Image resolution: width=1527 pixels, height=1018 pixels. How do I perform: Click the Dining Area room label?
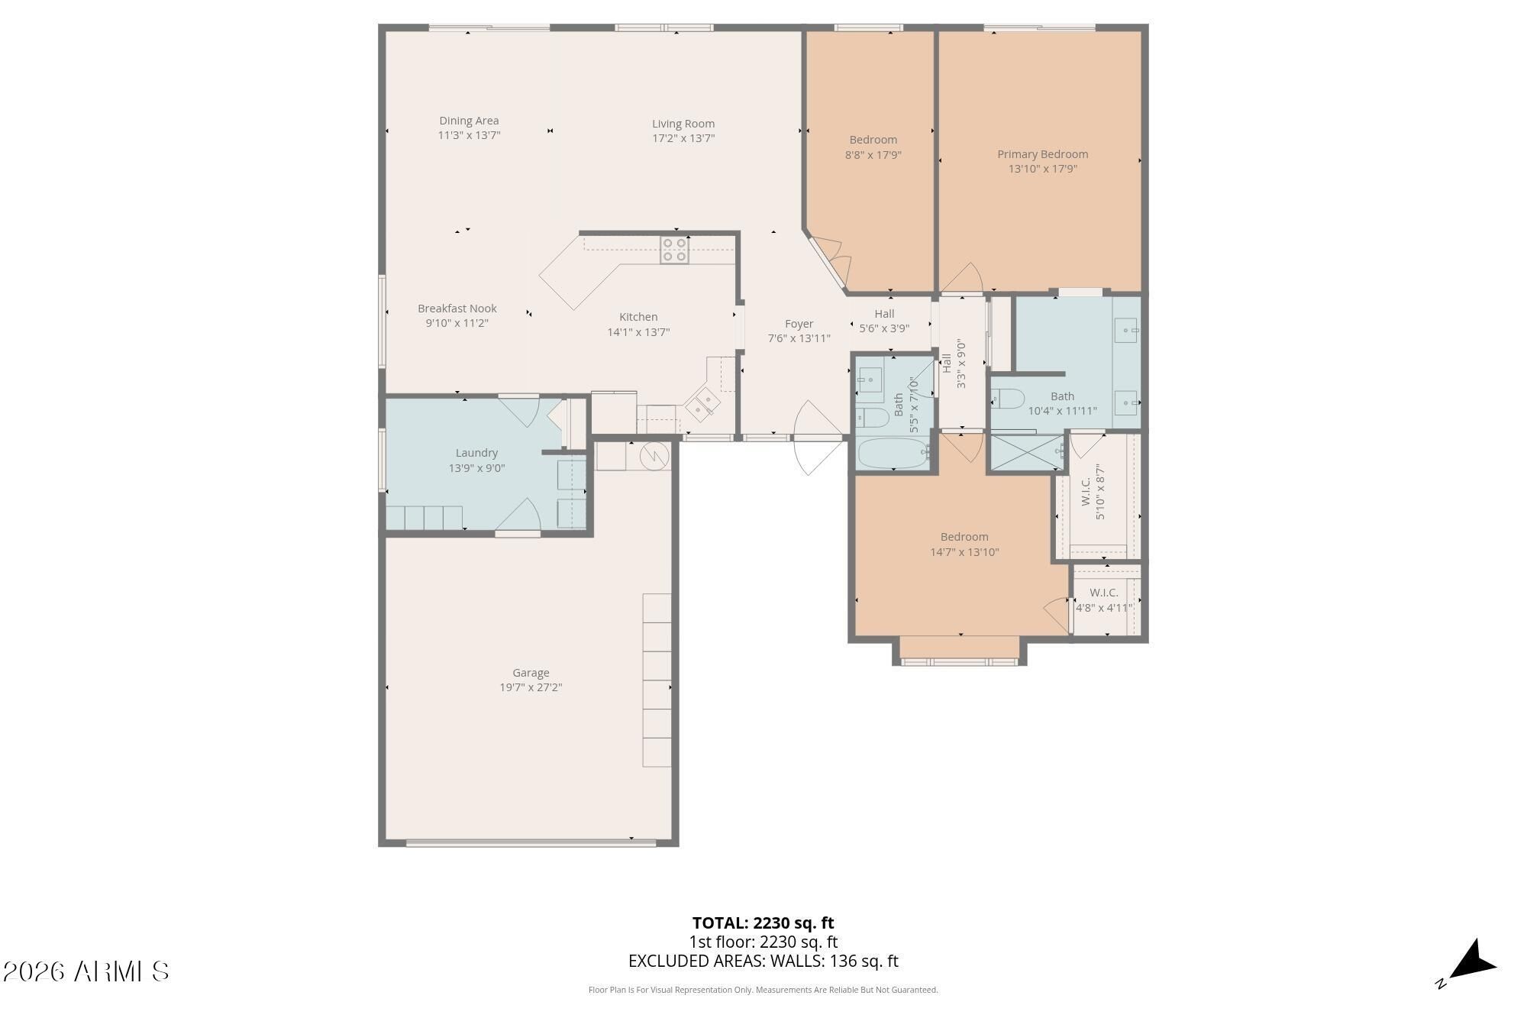[x=469, y=121]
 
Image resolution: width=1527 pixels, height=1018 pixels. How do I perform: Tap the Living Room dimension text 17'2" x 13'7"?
[x=683, y=138]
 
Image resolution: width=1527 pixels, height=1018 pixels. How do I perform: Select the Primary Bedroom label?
[x=1042, y=154]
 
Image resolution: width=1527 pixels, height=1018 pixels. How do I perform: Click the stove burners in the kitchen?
[x=674, y=250]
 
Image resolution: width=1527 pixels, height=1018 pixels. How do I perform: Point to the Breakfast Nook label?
[x=457, y=309]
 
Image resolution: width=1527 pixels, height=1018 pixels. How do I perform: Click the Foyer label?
[x=799, y=324]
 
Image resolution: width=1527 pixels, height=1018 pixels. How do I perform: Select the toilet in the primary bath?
[x=1007, y=399]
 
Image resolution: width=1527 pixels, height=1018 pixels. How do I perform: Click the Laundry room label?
[x=476, y=453]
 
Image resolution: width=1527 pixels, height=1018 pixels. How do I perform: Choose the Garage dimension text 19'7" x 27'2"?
[x=531, y=687]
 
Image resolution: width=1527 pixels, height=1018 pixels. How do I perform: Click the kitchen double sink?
[x=702, y=405]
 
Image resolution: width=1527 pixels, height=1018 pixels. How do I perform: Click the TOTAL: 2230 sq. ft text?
[x=763, y=923]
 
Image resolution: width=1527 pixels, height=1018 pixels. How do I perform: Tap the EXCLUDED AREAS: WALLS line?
[x=763, y=961]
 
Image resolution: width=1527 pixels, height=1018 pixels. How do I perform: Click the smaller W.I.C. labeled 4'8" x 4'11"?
[x=1104, y=600]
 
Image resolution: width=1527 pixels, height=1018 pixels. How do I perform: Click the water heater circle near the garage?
[x=654, y=456]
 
